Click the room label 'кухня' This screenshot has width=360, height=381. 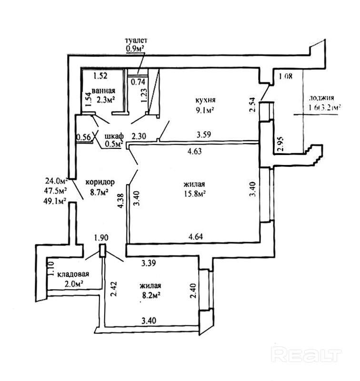(x=206, y=100)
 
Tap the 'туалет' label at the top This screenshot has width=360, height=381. (x=137, y=40)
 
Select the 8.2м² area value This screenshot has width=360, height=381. (x=150, y=295)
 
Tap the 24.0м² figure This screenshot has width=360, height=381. (x=56, y=181)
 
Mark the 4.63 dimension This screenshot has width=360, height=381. (x=196, y=153)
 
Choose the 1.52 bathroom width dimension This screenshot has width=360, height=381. (x=101, y=75)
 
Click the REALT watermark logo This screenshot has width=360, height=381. (x=306, y=354)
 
